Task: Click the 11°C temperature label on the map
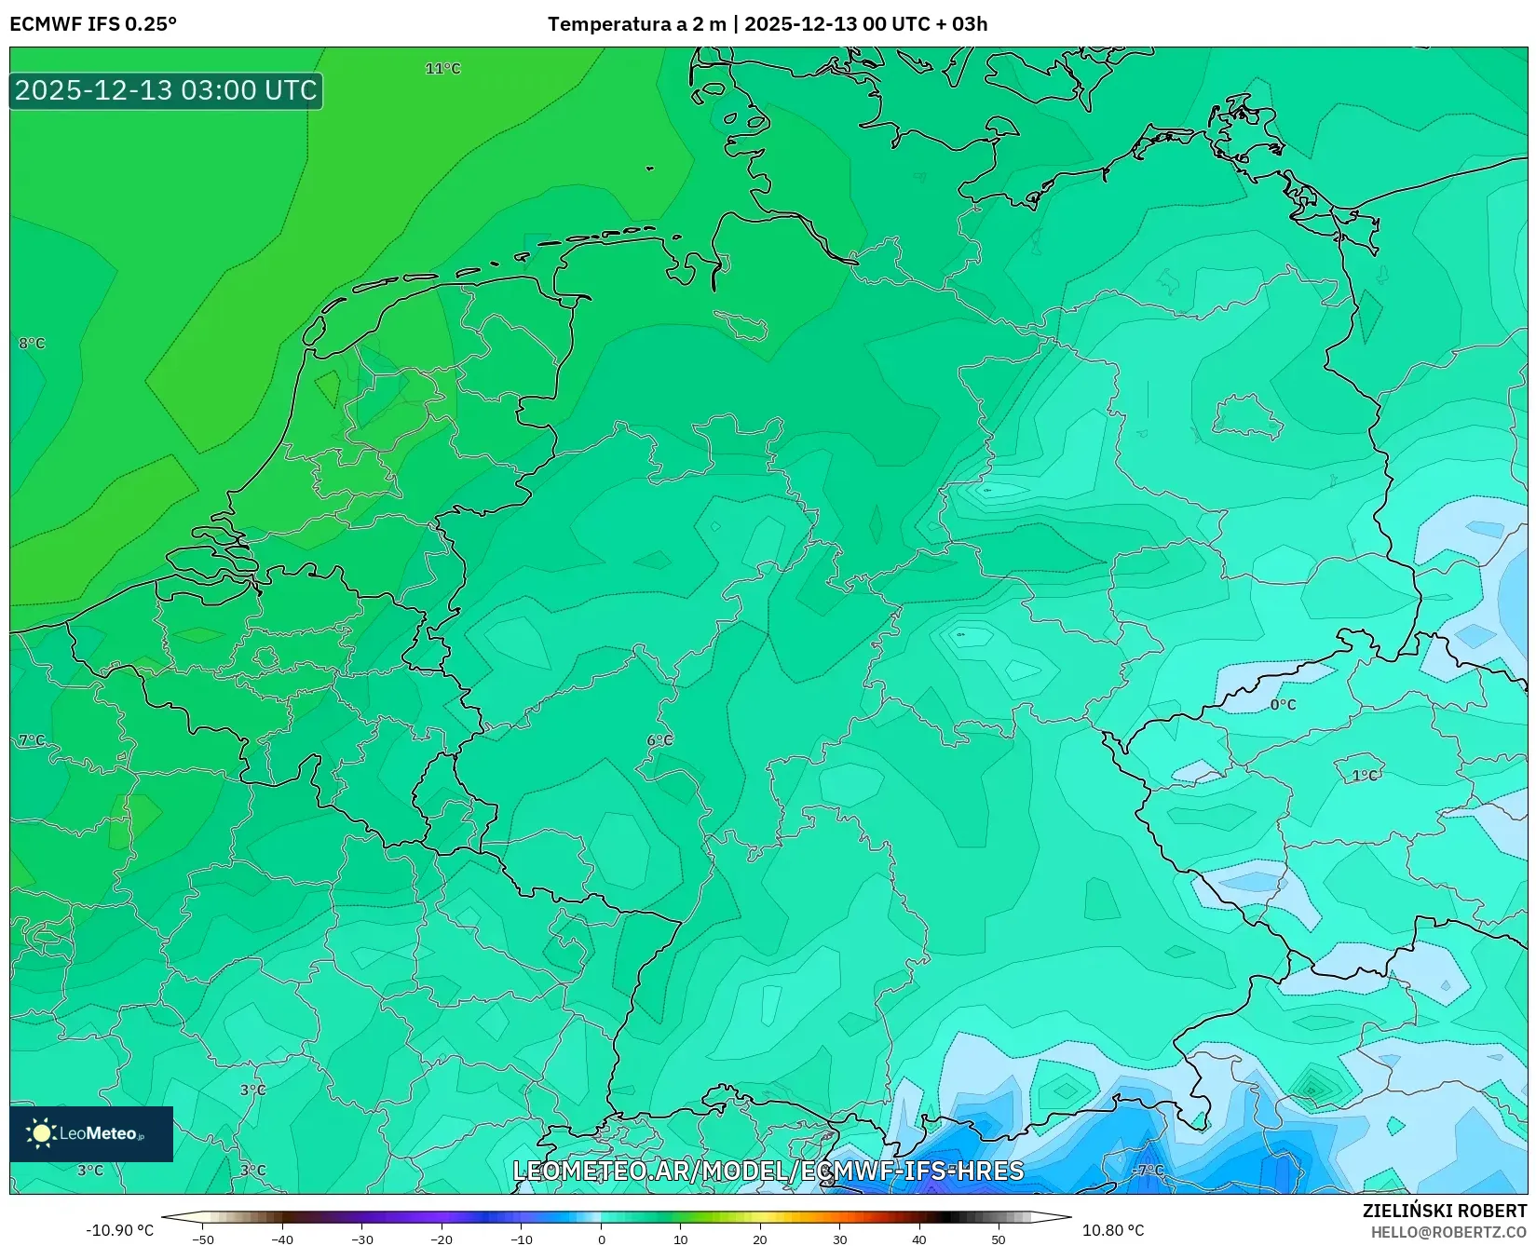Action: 442,69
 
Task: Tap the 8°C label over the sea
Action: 32,344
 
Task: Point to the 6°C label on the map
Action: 659,740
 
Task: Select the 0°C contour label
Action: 1283,705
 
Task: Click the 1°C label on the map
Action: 1365,776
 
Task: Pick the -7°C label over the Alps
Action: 1148,1171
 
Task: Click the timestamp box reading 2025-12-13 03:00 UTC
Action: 166,90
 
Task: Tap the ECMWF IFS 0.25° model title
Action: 93,24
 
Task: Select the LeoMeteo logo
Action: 90,1133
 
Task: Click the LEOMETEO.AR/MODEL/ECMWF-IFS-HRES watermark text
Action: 768,1171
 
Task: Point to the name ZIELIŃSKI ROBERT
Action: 1445,1212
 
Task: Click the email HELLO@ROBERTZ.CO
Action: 1448,1232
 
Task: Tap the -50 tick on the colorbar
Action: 202,1239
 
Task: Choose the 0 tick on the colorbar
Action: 602,1239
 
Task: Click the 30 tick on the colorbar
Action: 840,1239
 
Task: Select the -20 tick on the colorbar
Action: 442,1239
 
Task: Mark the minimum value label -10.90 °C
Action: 119,1231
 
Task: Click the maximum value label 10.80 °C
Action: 1113,1231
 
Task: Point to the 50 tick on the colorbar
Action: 999,1239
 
